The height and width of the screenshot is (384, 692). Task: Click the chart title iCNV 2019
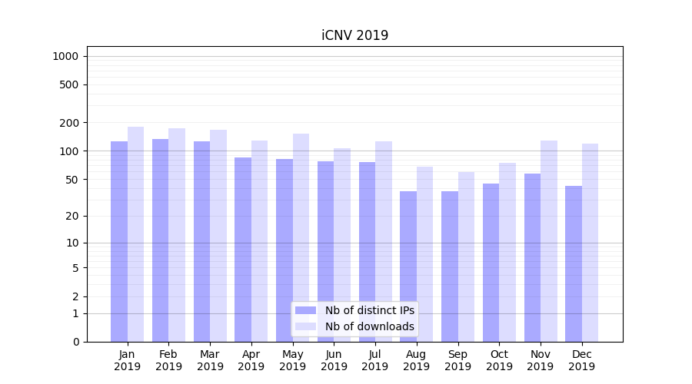[x=354, y=35]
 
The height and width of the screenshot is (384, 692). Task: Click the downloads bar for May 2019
[x=301, y=237]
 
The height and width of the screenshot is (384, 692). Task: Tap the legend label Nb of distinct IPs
[x=369, y=310]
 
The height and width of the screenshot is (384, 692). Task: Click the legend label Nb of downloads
[x=369, y=326]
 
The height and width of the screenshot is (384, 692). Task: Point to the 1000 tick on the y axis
[x=65, y=56]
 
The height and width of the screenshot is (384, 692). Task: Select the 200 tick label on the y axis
[x=69, y=123]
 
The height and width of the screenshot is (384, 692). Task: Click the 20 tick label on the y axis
[x=72, y=216]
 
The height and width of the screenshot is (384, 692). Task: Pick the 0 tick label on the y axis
[x=75, y=342]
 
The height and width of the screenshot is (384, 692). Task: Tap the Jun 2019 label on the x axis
[x=334, y=360]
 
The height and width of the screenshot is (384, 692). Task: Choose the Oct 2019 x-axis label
[x=499, y=360]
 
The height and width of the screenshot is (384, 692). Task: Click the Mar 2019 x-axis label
[x=210, y=360]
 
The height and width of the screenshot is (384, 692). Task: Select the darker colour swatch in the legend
[x=305, y=310]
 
